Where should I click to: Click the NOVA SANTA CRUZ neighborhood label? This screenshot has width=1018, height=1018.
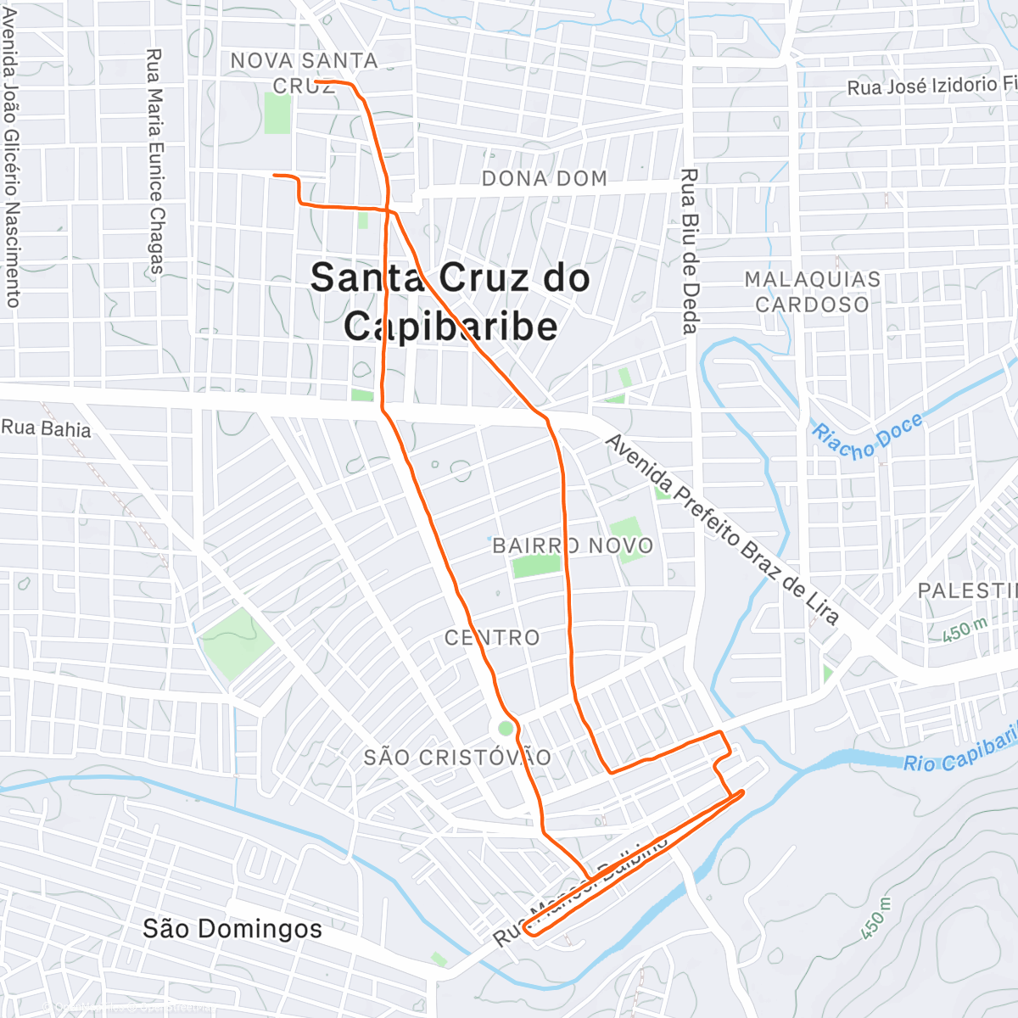[x=304, y=72]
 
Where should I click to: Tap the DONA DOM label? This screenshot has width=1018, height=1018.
[x=545, y=178]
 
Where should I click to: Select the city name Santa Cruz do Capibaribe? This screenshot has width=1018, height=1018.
[x=450, y=302]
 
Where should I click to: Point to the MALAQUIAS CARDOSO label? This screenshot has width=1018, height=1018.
[x=812, y=292]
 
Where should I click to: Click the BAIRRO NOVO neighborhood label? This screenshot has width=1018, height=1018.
[x=573, y=545]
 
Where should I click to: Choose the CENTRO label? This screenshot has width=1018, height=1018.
[x=492, y=637]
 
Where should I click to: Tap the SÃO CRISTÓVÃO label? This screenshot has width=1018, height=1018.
[x=457, y=757]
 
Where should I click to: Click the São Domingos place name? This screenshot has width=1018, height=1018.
[x=232, y=928]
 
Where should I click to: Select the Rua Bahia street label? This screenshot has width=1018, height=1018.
[x=47, y=428]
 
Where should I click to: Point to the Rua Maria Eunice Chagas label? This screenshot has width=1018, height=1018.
[x=154, y=161]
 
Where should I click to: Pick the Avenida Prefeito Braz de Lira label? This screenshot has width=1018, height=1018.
[x=722, y=530]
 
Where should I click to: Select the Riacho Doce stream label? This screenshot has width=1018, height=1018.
[x=866, y=436]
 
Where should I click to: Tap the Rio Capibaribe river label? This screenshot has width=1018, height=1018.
[x=959, y=752]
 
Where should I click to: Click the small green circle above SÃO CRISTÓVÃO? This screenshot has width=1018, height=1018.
[x=506, y=728]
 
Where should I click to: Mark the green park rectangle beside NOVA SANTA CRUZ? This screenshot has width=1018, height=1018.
[x=277, y=114]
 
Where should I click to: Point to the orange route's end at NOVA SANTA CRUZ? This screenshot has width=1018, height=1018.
[x=316, y=81]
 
